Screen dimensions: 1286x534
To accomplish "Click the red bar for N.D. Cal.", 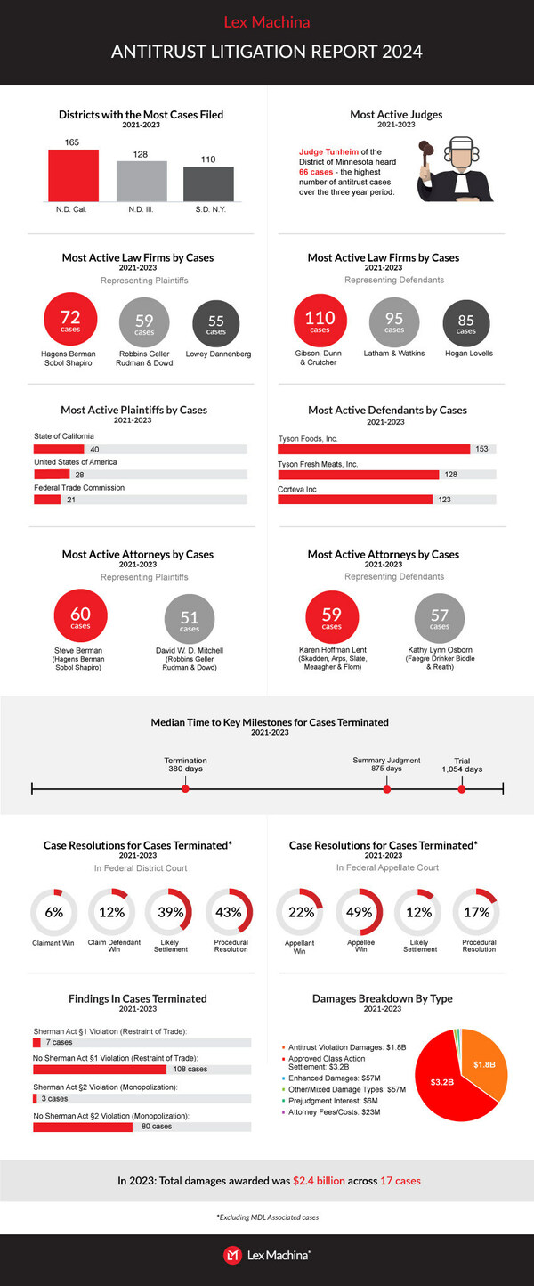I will [73, 175].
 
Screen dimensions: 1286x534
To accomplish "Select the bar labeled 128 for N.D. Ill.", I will [142, 181].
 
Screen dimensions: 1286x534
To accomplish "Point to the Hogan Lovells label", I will [465, 354].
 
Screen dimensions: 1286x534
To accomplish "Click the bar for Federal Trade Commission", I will [46, 500].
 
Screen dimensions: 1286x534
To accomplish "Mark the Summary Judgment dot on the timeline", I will [386, 788].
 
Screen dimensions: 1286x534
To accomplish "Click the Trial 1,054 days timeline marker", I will [462, 788].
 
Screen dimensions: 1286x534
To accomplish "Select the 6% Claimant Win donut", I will [54, 912].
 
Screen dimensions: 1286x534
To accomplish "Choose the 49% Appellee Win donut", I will [359, 912].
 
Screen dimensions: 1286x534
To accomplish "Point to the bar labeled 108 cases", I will [100, 1069].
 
